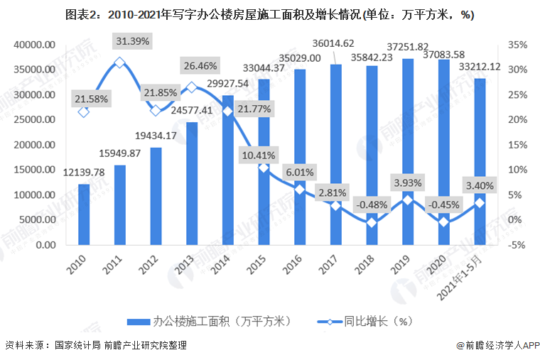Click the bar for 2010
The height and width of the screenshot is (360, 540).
[84, 214]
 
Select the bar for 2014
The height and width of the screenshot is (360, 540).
[228, 170]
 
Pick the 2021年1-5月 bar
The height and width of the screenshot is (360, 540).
[480, 162]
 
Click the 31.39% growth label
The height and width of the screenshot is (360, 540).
[131, 41]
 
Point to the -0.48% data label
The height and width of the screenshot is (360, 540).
[372, 205]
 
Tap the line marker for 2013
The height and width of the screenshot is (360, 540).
[192, 88]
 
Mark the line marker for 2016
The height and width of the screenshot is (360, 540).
[300, 190]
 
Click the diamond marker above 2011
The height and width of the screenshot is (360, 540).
[119, 62]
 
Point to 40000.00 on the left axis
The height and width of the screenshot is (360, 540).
[34, 45]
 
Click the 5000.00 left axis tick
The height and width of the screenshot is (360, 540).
[37, 220]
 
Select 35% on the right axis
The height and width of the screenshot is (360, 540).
[518, 45]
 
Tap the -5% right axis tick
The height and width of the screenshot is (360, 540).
[518, 245]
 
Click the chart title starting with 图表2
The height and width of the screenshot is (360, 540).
[269, 14]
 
